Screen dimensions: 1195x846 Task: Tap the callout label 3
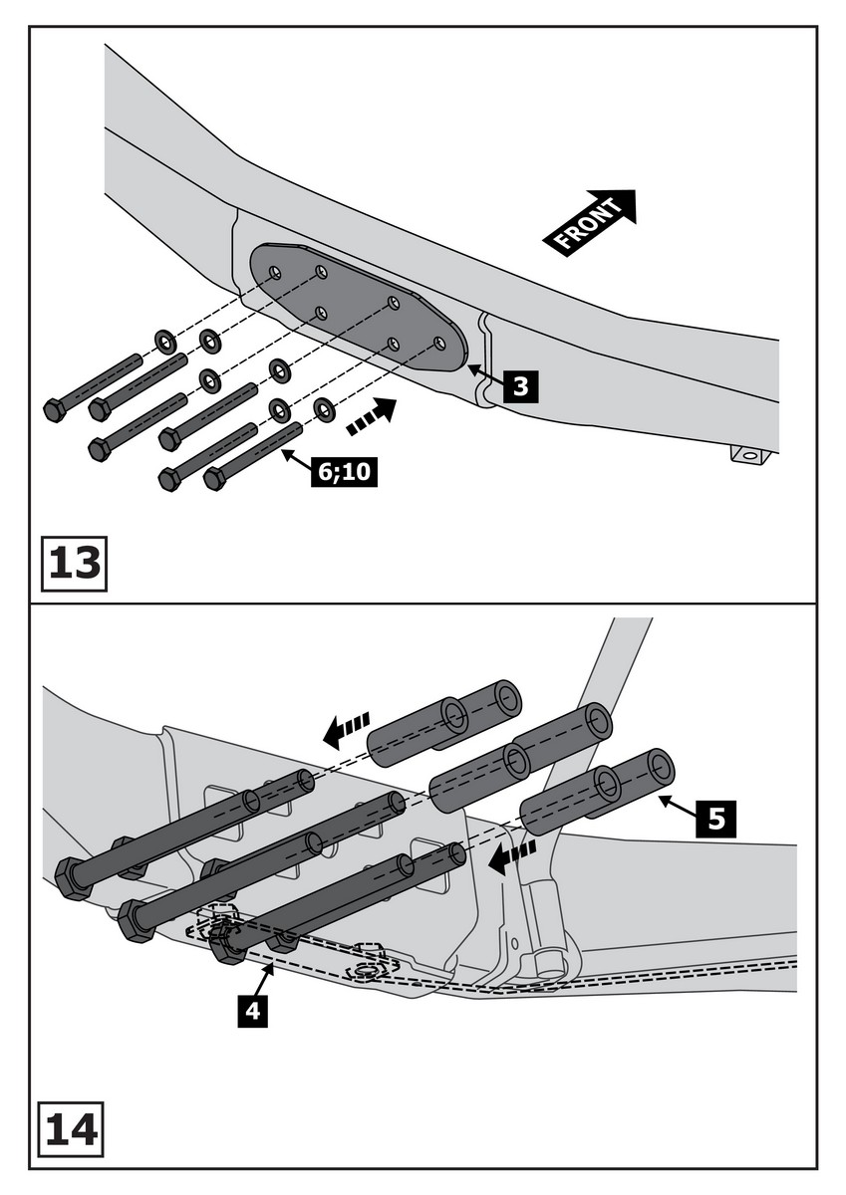(520, 385)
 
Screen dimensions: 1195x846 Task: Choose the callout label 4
(253, 1011)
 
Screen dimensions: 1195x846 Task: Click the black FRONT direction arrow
(590, 221)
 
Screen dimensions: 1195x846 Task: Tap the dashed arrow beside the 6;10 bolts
(370, 415)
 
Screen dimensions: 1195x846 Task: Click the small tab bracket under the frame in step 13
(751, 455)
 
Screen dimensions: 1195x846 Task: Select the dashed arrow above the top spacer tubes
(348, 730)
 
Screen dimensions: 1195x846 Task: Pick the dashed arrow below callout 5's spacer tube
(512, 855)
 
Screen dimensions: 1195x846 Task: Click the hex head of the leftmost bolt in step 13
(55, 409)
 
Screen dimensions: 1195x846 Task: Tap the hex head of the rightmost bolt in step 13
(215, 478)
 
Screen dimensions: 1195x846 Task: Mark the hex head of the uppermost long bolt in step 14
(73, 877)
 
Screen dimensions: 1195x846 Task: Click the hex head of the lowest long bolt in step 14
(228, 942)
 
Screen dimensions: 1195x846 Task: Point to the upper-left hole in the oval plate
(276, 272)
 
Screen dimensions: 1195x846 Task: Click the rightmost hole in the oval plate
(439, 344)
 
